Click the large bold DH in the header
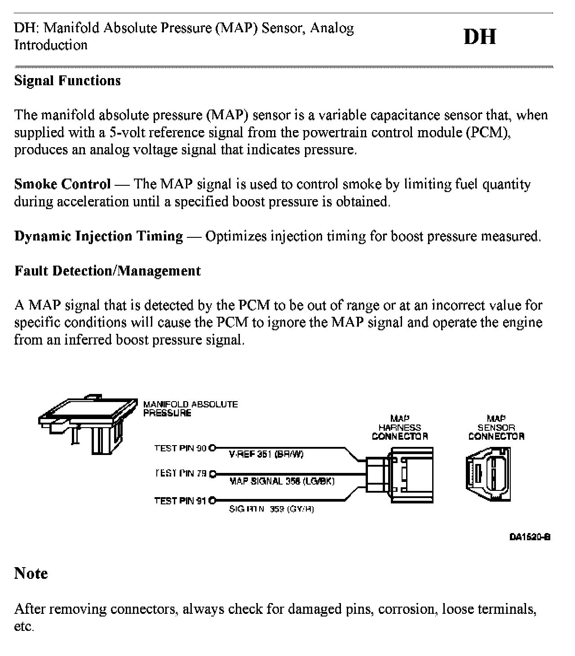[x=480, y=37]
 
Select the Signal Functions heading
[x=67, y=81]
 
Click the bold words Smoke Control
[x=62, y=184]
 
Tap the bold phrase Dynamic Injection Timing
[x=98, y=236]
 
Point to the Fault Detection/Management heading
[x=107, y=271]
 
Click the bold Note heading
[x=31, y=573]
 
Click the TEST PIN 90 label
[x=180, y=448]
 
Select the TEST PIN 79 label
[x=180, y=473]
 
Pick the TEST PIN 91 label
[x=180, y=501]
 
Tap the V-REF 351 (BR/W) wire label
[x=266, y=455]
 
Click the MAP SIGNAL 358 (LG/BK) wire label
[x=282, y=481]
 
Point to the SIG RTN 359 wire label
[x=271, y=509]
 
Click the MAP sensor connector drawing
[x=489, y=476]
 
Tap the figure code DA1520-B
[x=530, y=537]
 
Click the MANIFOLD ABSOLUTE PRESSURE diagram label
[x=190, y=408]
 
